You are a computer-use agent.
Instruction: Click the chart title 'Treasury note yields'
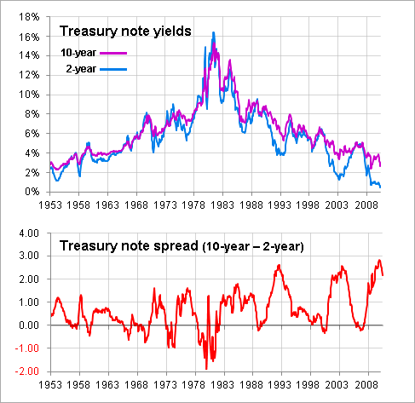[124, 32]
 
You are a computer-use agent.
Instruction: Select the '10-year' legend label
[78, 52]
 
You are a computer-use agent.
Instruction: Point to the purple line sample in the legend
[114, 53]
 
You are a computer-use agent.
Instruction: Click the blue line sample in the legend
[114, 67]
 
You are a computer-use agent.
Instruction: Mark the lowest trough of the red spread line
[205, 369]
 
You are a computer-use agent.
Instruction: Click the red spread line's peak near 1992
[279, 265]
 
